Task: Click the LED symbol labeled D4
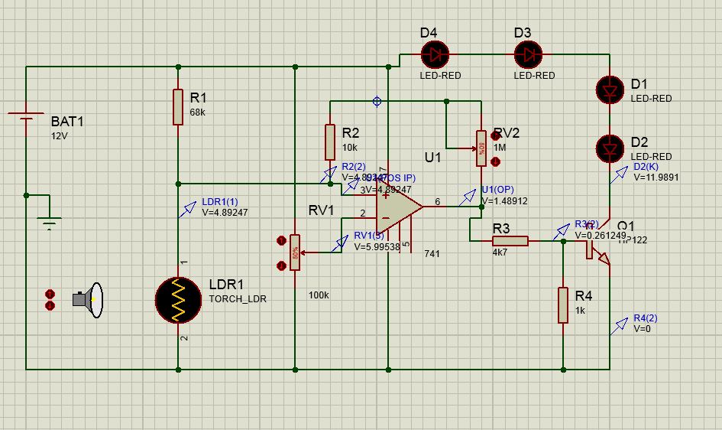pos(435,54)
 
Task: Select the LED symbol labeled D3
pos(528,54)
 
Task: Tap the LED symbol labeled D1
pos(610,90)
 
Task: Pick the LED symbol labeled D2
pos(610,146)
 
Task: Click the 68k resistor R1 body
pos(178,106)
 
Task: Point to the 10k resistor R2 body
pos(330,142)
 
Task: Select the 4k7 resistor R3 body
pos(510,241)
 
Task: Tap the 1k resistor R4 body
pos(563,305)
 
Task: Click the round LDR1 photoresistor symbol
pos(179,300)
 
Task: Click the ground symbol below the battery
pos(50,224)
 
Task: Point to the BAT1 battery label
pos(68,122)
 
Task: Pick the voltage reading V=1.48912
pos(505,200)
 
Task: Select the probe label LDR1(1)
pos(220,202)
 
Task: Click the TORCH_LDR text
pos(238,299)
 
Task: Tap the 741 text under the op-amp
pos(432,253)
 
